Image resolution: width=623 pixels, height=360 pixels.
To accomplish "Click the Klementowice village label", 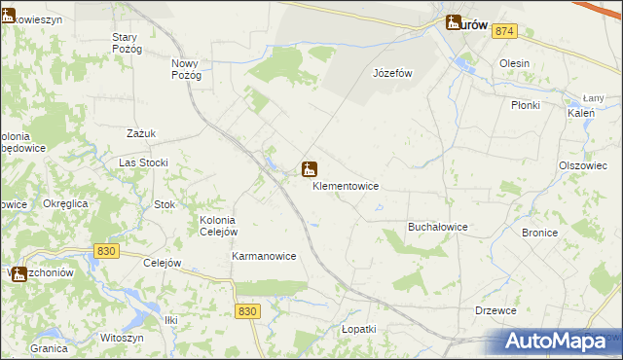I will click(x=346, y=186).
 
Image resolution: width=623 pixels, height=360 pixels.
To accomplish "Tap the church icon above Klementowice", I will click(x=309, y=170).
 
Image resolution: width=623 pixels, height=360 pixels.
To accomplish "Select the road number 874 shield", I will click(x=503, y=32).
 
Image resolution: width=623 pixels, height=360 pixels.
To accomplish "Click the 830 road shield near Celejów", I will click(x=107, y=251).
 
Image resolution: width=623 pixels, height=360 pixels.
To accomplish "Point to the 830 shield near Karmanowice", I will click(x=247, y=310).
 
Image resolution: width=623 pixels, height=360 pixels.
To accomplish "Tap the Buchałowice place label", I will click(x=437, y=227).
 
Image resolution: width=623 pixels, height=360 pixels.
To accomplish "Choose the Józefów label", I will click(x=393, y=74).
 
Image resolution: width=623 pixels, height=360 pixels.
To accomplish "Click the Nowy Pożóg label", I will click(x=185, y=69).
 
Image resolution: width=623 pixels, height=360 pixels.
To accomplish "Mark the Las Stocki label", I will click(x=143, y=162).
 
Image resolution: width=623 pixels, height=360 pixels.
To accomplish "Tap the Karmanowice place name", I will click(x=263, y=257).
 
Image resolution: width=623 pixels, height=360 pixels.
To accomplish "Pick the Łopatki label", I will click(x=358, y=330).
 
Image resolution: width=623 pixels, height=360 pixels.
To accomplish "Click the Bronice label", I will click(x=539, y=234).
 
